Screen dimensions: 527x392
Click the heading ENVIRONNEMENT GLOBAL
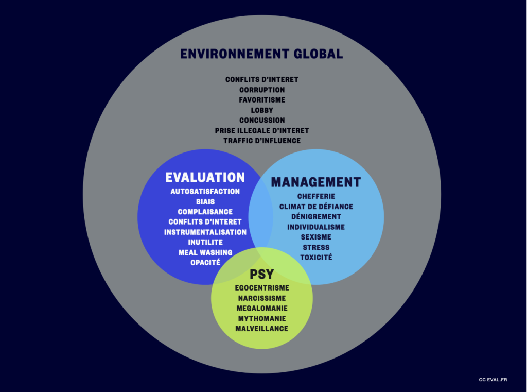(x=261, y=54)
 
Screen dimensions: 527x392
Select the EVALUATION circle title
(x=205, y=177)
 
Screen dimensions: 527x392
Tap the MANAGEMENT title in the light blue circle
(x=316, y=182)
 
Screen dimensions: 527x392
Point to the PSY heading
(x=262, y=274)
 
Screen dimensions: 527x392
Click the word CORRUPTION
(x=262, y=90)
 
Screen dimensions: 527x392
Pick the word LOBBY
(x=262, y=110)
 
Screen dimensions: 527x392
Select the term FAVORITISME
(x=262, y=100)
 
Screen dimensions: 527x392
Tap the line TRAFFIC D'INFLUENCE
(x=262, y=141)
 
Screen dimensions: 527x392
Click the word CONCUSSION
(x=262, y=120)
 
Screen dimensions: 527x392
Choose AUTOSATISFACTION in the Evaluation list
(x=205, y=192)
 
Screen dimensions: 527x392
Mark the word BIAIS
(x=205, y=201)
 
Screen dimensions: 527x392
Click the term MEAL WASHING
(x=205, y=252)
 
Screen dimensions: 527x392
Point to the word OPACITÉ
(x=205, y=263)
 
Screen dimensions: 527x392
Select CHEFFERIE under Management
(x=317, y=196)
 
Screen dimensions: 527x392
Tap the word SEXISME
(x=316, y=237)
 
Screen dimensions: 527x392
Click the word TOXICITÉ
(x=316, y=258)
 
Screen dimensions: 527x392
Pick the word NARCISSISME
(x=262, y=298)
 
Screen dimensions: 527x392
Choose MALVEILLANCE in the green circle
(x=262, y=329)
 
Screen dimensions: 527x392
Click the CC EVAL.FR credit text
(x=493, y=380)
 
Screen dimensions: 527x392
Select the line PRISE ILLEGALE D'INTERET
(x=262, y=130)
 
